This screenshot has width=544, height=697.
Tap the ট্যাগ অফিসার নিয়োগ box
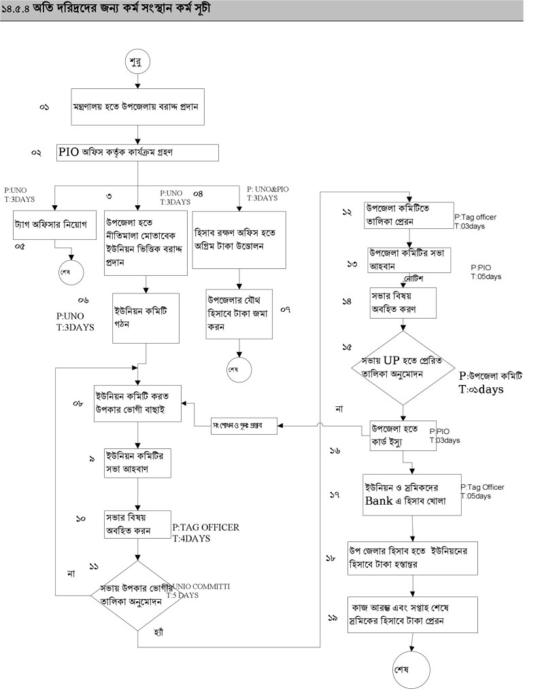(52, 224)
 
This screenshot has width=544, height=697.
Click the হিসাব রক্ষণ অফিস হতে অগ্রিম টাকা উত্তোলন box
(237, 232)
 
